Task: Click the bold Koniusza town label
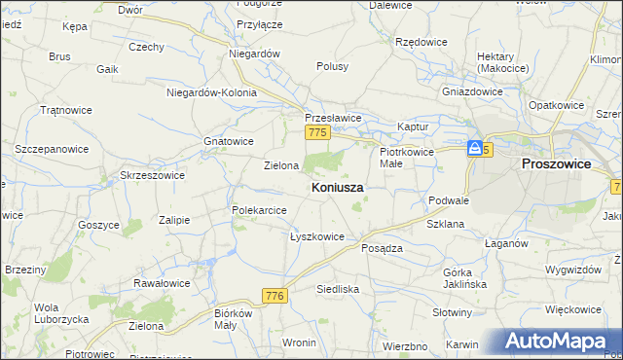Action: click(339, 187)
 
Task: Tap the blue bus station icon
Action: click(474, 148)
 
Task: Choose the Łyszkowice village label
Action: click(317, 236)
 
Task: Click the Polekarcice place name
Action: click(258, 210)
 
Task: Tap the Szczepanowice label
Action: click(52, 150)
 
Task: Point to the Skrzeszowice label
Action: click(152, 175)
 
